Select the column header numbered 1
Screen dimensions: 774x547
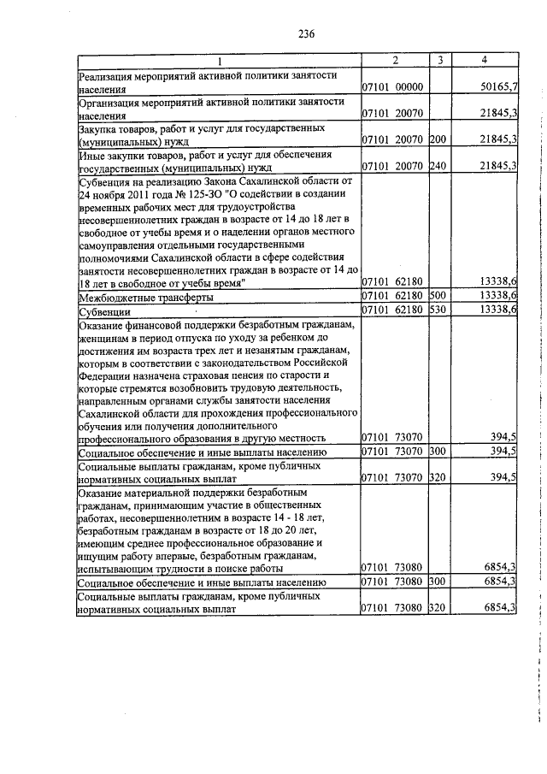(x=218, y=61)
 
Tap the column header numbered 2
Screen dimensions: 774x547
(x=395, y=61)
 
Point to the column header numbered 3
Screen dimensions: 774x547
(x=439, y=61)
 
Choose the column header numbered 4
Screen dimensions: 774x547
(x=485, y=61)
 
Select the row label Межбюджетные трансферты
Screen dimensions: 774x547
(x=145, y=297)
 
